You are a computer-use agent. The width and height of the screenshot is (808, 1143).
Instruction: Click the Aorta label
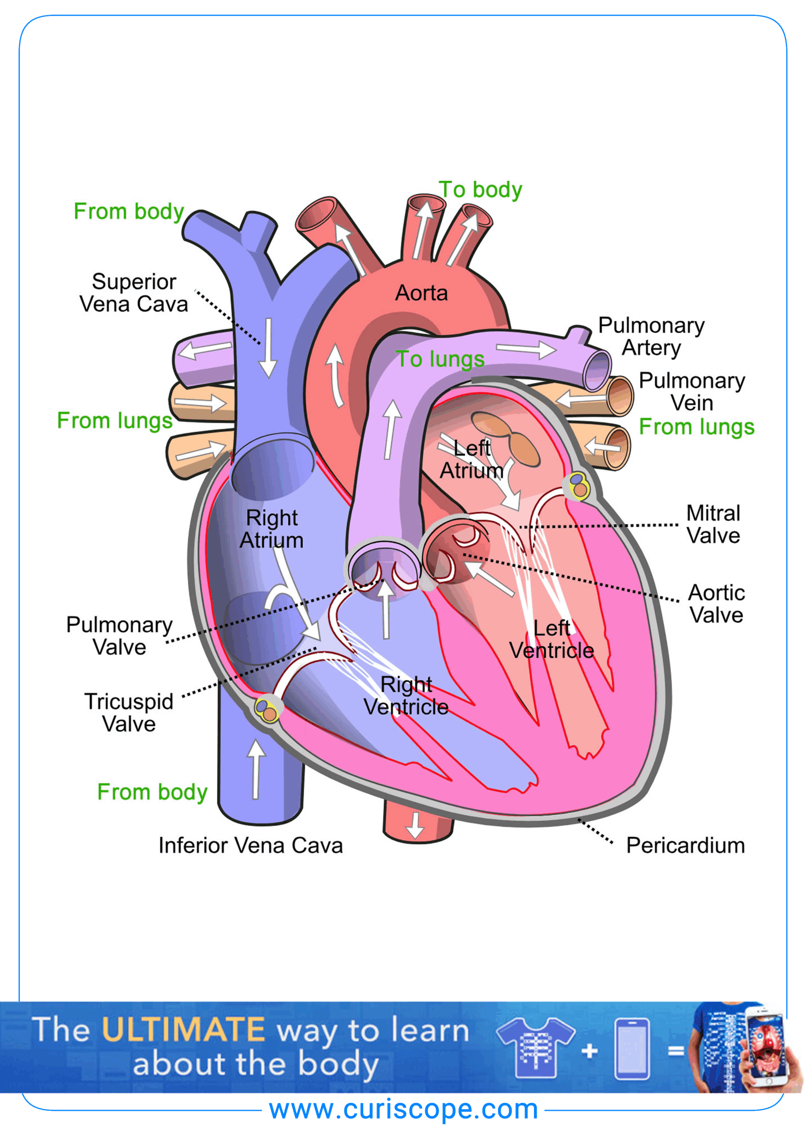(421, 293)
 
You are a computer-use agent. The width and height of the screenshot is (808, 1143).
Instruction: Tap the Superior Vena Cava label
(133, 293)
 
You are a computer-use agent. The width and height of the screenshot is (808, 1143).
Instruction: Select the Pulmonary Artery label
(651, 337)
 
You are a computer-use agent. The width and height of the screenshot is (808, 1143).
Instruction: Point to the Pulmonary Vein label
(691, 391)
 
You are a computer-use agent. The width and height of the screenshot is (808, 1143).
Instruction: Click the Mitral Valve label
(713, 524)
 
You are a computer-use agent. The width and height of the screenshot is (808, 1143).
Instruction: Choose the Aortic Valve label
(716, 604)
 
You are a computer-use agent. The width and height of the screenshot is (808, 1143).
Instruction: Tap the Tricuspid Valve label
(129, 713)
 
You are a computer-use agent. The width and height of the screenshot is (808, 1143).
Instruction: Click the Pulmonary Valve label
(120, 636)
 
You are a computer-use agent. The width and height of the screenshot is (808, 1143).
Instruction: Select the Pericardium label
(685, 845)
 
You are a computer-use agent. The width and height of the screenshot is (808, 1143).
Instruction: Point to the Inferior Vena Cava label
(250, 845)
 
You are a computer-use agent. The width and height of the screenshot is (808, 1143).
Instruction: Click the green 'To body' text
(480, 190)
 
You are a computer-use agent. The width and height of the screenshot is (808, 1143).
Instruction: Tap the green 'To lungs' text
(440, 359)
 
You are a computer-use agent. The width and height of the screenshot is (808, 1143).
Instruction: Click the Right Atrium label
(272, 529)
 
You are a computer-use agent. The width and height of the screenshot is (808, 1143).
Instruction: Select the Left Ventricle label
(552, 639)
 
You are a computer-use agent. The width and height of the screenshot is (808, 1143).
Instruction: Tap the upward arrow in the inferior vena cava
(256, 769)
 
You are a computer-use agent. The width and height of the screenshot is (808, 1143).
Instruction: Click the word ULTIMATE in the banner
(183, 1030)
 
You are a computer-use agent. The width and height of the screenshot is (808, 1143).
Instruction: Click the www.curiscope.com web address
(403, 1110)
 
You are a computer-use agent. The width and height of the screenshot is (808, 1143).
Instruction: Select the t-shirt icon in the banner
(536, 1047)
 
